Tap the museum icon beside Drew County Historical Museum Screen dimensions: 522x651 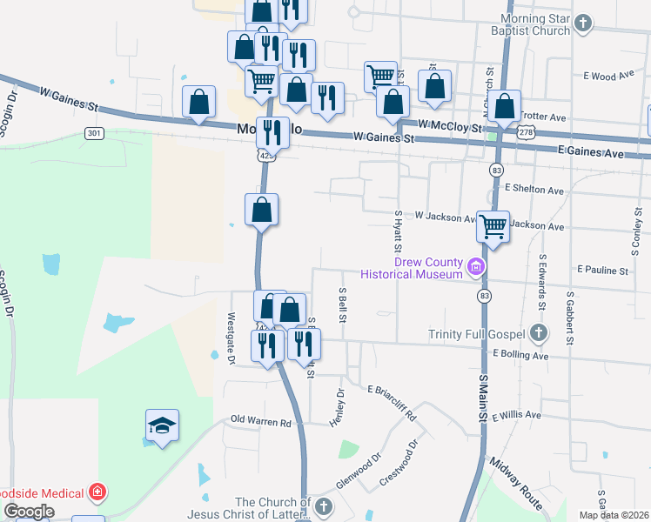[476, 266]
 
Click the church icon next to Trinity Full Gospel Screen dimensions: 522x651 [539, 333]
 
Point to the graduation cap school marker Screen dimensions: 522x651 [162, 426]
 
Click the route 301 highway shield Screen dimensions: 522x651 [95, 133]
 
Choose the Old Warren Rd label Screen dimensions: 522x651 [261, 422]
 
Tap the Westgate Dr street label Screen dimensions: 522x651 [232, 338]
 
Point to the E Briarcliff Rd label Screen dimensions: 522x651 [392, 403]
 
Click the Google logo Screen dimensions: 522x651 [29, 512]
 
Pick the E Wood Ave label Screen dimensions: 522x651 [611, 77]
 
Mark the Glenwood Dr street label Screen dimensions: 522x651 [365, 469]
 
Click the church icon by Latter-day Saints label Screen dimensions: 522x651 [324, 506]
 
